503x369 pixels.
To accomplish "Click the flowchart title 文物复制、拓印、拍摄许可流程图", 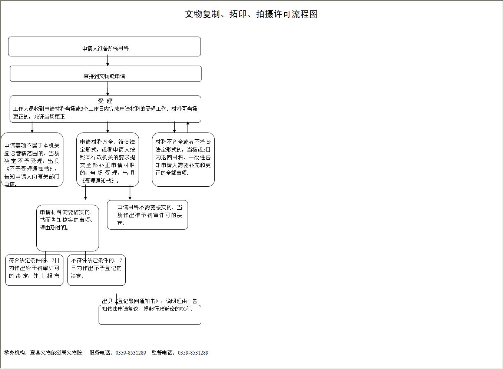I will point(251,14).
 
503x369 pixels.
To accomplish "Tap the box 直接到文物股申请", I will point(105,74).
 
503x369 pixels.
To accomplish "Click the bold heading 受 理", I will point(105,101).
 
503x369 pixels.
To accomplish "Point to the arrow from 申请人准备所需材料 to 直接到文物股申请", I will point(107,61).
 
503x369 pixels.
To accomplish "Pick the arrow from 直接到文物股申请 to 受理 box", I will point(107,89).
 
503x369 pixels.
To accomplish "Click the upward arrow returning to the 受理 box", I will point(188,127).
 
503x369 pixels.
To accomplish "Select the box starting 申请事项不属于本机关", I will point(32,160).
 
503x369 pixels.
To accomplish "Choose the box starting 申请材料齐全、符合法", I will point(107,160).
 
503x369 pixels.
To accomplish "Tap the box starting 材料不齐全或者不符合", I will point(183,160).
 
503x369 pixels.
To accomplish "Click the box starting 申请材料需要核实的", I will point(67,228).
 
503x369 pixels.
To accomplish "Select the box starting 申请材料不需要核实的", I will point(148,215).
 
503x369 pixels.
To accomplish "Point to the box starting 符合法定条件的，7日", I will point(34,270).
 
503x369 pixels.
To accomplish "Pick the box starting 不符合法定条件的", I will point(96,270).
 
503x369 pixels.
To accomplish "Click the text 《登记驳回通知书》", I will point(138,301).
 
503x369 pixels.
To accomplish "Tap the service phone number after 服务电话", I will point(131,353).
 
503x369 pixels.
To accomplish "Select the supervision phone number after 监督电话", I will point(193,353).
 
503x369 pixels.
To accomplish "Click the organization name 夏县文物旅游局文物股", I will point(56,353).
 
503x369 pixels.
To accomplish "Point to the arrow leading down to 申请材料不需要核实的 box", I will point(130,193).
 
